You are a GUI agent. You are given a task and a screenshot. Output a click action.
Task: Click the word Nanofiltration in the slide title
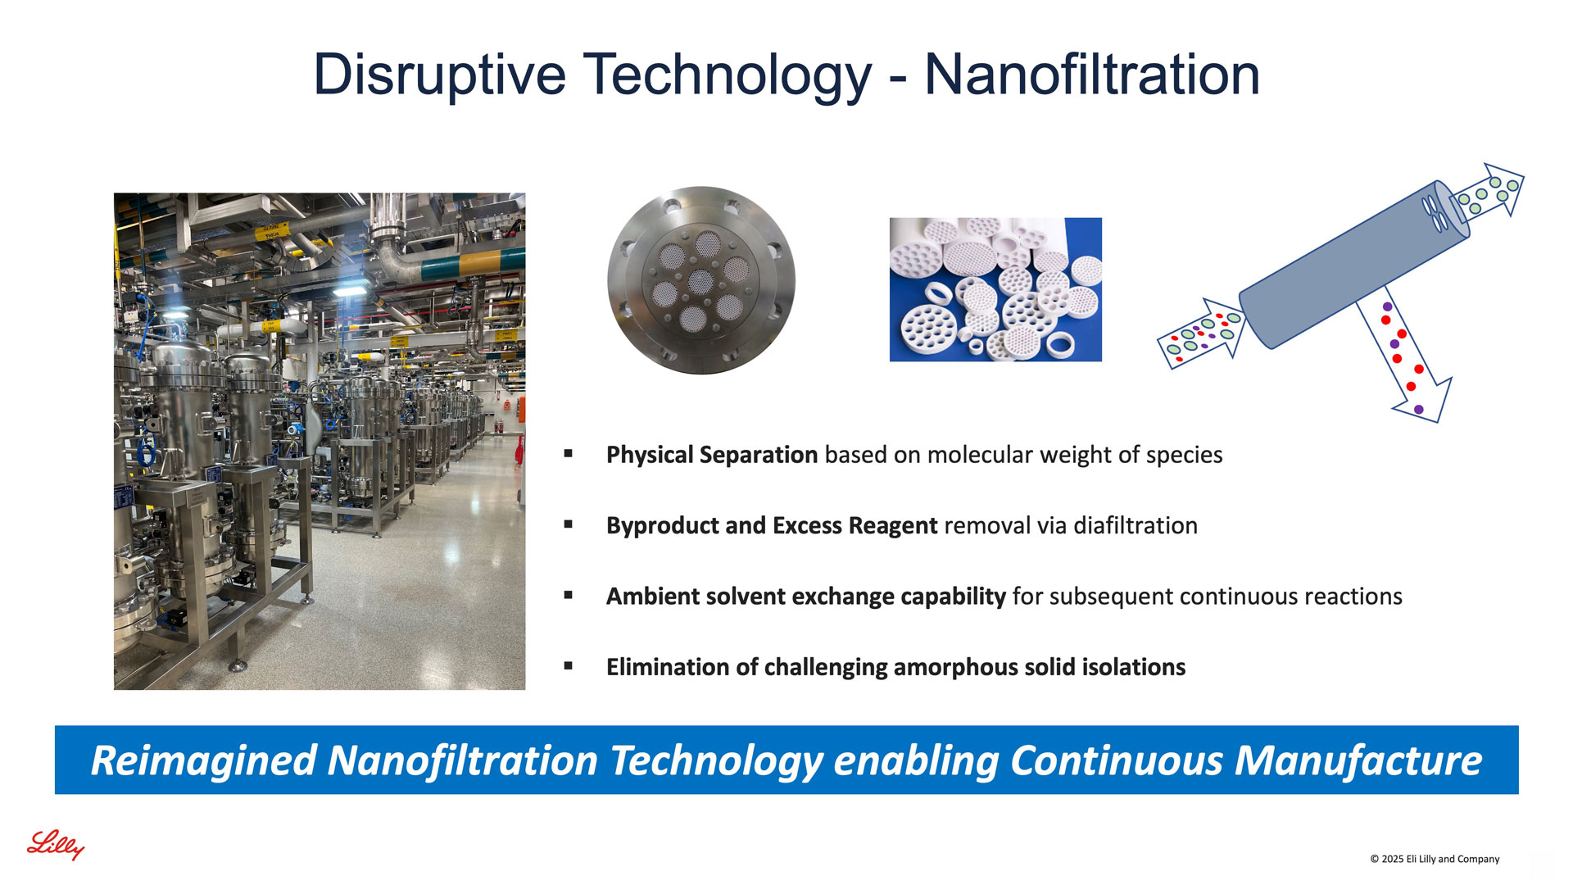pos(1092,75)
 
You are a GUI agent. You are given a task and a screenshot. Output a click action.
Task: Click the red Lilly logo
pos(56,845)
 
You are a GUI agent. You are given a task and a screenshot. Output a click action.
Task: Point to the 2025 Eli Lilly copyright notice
pos(1435,859)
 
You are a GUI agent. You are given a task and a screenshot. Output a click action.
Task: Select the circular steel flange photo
pos(701,280)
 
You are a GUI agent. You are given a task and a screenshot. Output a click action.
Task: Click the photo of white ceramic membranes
pos(995,289)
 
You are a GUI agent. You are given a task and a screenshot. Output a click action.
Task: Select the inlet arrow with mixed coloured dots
pos(1201,334)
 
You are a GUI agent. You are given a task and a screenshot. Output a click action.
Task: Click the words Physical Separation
pos(712,455)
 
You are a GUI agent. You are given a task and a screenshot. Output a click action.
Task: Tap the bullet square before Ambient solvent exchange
pos(569,595)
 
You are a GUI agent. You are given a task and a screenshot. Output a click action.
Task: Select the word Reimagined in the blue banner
pos(204,761)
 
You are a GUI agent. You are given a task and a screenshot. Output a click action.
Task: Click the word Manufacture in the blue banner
pos(1358,760)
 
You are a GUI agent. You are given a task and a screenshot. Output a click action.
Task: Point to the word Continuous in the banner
pos(1117,760)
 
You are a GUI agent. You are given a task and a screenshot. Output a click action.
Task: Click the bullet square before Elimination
pos(569,666)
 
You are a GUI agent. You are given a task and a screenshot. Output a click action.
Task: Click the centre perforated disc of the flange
pos(700,281)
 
